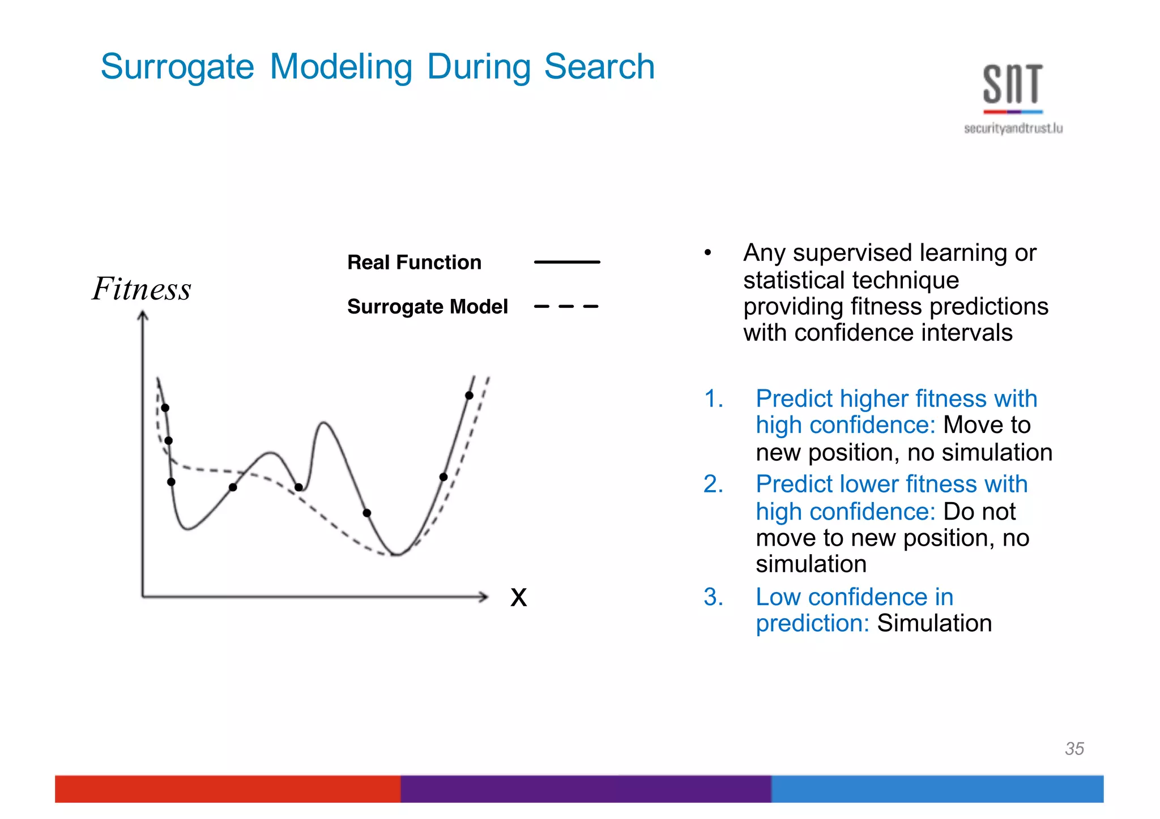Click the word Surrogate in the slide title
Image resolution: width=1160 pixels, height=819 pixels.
pos(177,67)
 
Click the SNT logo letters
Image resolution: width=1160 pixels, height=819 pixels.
pos(1012,84)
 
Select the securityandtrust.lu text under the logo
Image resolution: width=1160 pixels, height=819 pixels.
pos(1013,128)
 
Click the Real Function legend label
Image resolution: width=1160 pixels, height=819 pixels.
pos(414,263)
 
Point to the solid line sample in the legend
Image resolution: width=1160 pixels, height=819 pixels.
pos(566,262)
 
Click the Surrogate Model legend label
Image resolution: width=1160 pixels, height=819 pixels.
pos(427,307)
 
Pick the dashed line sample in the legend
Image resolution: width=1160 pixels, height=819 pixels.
pos(566,307)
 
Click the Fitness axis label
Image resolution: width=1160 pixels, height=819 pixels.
pos(142,289)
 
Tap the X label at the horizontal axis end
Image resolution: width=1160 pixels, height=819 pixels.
pos(518,598)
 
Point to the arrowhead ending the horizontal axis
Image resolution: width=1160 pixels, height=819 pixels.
pos(483,596)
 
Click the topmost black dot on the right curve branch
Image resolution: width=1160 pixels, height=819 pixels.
pos(469,396)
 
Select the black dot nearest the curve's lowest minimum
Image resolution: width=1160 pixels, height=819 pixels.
pos(366,513)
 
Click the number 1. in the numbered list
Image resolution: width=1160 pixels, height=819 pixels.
pos(713,399)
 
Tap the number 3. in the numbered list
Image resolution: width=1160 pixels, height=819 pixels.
pos(713,597)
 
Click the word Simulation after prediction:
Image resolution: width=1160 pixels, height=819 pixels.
pos(934,624)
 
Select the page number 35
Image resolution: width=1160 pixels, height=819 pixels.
pos(1074,749)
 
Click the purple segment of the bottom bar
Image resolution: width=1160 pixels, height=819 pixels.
pos(585,789)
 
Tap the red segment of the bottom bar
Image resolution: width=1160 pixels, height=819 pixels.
pos(227,789)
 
